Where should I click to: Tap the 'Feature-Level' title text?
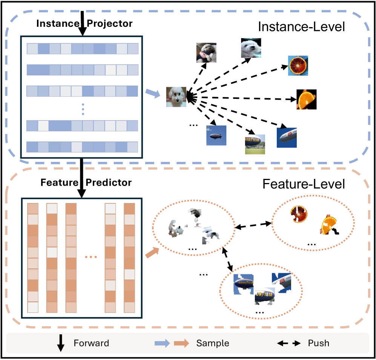304,185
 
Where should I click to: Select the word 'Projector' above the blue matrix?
110,23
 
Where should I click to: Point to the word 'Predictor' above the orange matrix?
109,183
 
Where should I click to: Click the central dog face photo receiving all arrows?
176,97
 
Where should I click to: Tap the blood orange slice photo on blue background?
298,66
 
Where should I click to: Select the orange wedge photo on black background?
306,99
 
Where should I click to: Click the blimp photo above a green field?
255,144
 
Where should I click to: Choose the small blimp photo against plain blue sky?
216,135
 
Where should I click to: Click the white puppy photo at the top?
251,48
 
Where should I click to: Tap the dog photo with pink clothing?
206,52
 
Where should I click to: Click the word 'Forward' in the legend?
91,343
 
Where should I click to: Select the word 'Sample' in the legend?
213,343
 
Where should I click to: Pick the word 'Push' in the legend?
319,343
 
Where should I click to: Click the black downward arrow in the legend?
60,343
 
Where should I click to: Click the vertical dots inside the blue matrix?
83,109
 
